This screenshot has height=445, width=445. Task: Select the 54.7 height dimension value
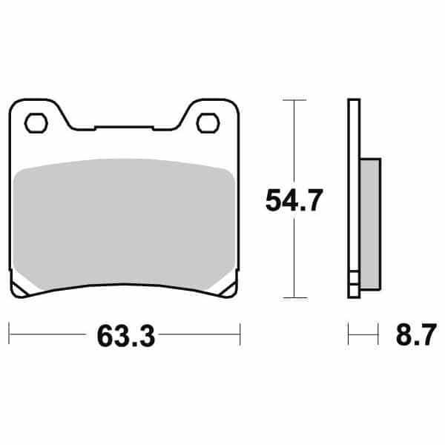(x=294, y=201)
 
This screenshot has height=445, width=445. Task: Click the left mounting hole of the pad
(x=33, y=123)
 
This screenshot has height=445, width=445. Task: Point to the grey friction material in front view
(x=122, y=222)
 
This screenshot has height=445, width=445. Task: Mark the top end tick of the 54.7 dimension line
(x=295, y=99)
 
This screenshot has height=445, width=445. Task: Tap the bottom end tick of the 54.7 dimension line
(x=295, y=298)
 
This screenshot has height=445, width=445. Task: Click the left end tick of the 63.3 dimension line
(x=9, y=333)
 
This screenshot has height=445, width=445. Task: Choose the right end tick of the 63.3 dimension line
(x=240, y=333)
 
